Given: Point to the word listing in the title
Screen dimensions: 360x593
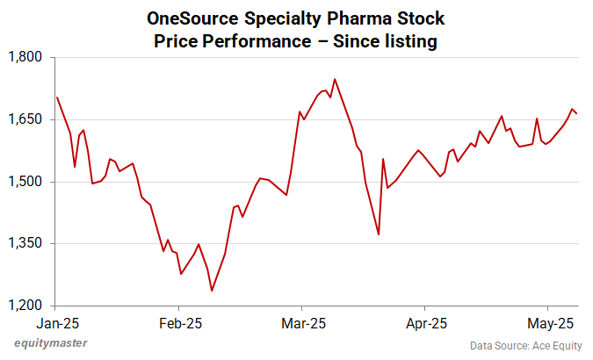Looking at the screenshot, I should click(x=405, y=40).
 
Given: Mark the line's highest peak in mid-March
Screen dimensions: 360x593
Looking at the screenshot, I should click(x=335, y=79).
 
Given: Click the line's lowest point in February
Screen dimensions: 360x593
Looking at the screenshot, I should click(x=212, y=291).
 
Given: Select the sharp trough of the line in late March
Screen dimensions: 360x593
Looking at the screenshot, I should click(x=379, y=234).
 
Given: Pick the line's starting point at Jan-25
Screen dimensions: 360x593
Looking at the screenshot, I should click(x=56, y=97).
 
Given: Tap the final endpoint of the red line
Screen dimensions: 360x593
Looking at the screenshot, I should click(x=577, y=113).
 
